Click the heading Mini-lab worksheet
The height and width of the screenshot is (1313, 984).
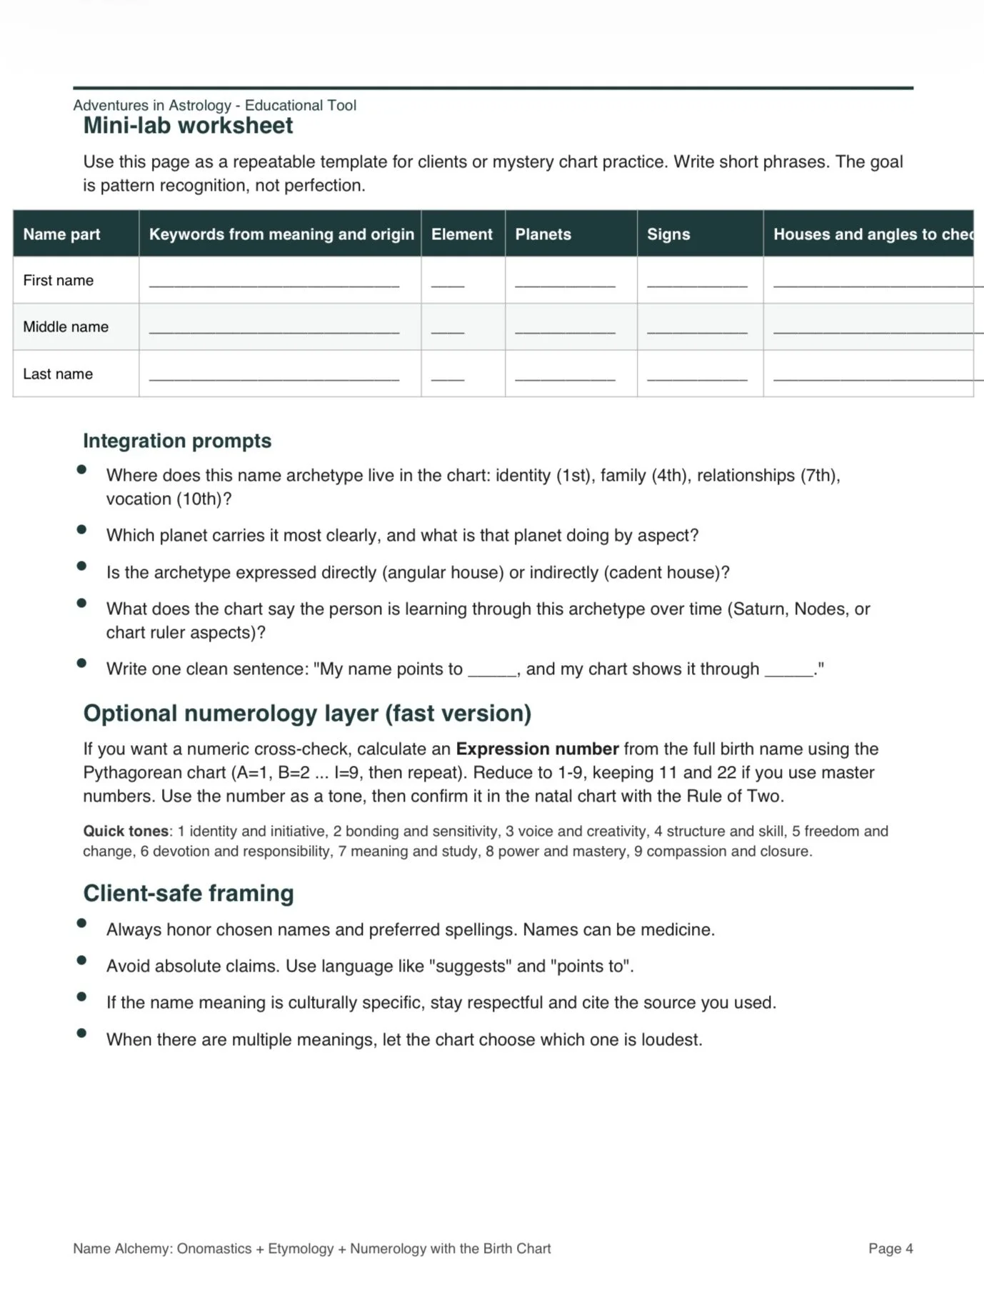point(188,126)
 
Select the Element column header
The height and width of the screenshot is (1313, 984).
point(461,234)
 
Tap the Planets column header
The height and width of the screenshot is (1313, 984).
point(543,234)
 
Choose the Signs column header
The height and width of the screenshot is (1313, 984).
point(668,234)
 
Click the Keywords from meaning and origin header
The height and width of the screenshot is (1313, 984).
point(281,234)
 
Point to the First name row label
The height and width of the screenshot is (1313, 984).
point(58,281)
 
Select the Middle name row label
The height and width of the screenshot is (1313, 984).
point(66,327)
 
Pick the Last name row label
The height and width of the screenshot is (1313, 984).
point(58,374)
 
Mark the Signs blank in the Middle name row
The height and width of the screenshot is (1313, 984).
point(697,331)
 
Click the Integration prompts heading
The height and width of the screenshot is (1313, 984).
point(177,441)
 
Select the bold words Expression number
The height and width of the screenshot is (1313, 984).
point(537,749)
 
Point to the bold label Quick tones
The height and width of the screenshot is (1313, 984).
point(126,832)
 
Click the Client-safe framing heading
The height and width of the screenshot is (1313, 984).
point(189,894)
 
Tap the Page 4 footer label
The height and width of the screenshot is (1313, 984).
point(890,1249)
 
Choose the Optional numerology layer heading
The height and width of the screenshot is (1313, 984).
point(307,714)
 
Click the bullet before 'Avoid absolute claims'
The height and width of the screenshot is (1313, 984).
point(81,961)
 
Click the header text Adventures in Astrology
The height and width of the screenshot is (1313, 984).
point(152,106)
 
